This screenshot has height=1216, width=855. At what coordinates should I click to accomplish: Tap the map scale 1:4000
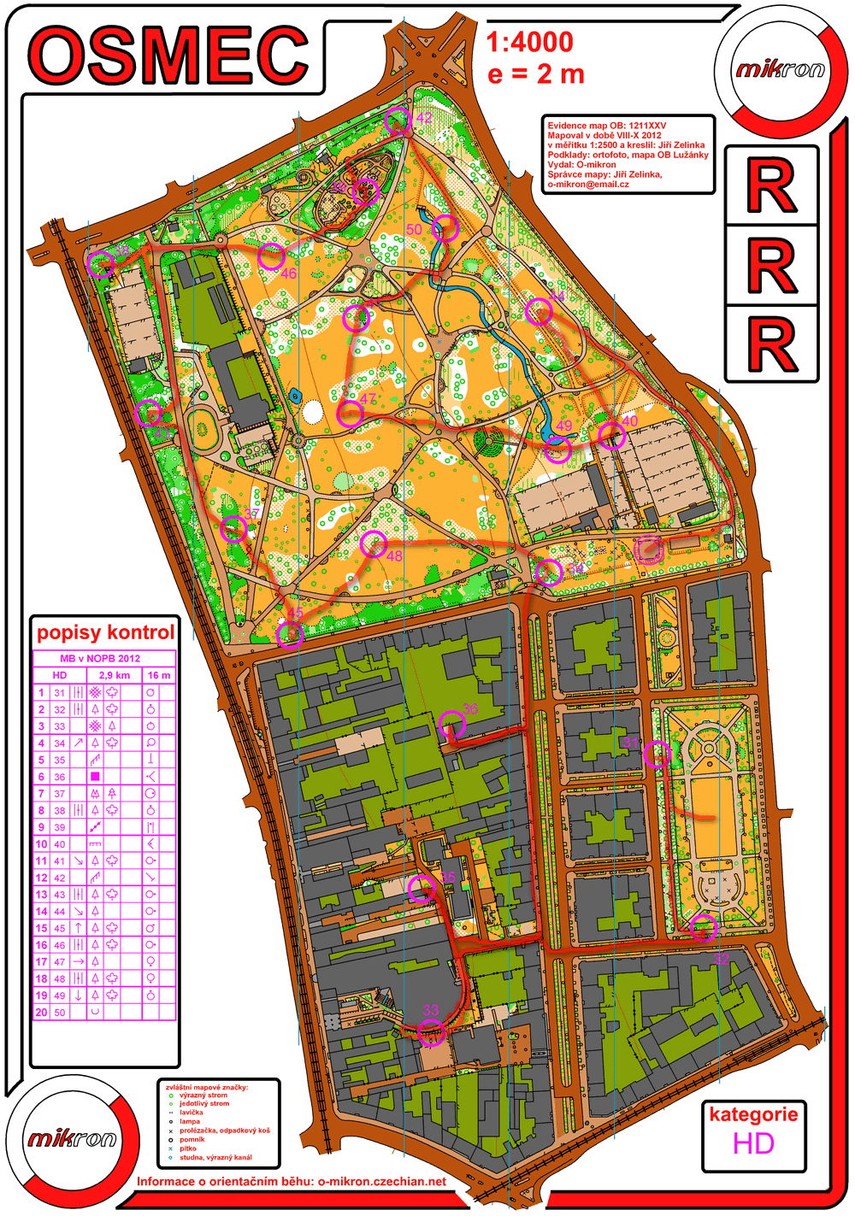pos(529,42)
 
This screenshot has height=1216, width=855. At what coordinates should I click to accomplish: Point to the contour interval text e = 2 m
pos(536,74)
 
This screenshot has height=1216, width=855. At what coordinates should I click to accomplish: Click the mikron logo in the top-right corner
pos(780,68)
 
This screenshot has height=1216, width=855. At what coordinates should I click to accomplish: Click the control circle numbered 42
pos(398,121)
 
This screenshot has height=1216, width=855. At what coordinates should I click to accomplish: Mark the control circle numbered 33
pos(432,1031)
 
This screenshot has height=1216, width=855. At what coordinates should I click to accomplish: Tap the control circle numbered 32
pos(703,928)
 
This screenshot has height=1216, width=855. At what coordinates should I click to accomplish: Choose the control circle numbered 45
pos(291,635)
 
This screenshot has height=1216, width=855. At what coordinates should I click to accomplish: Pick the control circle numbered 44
pos(538,312)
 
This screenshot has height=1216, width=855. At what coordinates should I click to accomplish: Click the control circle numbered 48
pos(374,543)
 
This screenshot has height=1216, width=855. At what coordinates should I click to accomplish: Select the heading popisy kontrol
pos(105,632)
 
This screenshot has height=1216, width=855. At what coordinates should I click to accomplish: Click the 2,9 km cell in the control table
pos(115,675)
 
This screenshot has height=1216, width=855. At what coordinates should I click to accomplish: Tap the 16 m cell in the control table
pos(158,675)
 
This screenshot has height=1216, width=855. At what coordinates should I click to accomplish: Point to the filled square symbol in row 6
pos(95,777)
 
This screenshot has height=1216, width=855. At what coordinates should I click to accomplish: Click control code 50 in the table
pos(60,1013)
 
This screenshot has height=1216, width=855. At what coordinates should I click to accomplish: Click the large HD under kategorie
pos(753,1143)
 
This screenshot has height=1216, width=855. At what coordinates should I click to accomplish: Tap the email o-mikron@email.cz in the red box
pos(588,184)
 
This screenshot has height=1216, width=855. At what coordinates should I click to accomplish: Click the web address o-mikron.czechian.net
pos(381,1182)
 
